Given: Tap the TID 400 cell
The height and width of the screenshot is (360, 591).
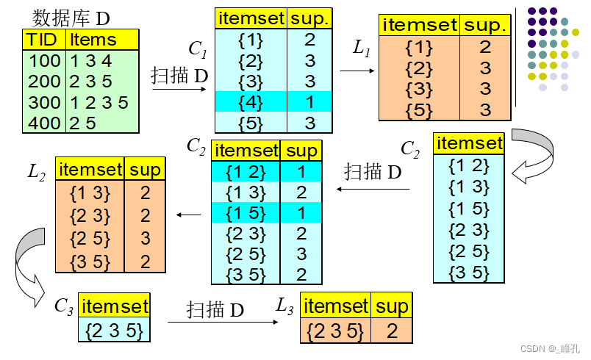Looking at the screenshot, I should tap(44, 123).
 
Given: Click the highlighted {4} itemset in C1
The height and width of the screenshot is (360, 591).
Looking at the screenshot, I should tap(251, 101).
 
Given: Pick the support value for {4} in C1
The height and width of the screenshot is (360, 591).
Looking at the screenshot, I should tap(309, 101).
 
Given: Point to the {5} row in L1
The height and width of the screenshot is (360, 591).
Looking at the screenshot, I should tap(419, 109).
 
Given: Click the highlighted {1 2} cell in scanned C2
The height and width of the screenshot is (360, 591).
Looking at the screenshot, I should tap(246, 172).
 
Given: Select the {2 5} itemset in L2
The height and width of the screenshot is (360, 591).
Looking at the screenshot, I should tap(90, 237).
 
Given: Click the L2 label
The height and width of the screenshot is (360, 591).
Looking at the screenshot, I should tap(36, 173).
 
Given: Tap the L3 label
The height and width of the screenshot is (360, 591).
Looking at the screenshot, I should tap(287, 305).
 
